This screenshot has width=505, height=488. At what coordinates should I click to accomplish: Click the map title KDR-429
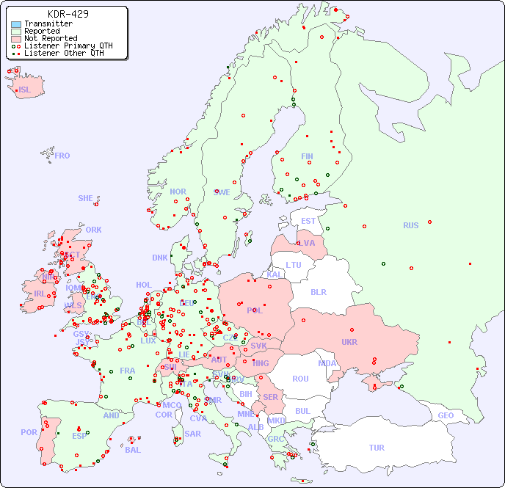[x=68, y=14]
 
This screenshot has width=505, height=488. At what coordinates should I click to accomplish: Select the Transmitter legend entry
[x=48, y=23]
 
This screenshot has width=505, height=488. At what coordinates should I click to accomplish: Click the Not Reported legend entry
[x=50, y=38]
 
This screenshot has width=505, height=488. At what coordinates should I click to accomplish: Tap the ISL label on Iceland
[x=25, y=90]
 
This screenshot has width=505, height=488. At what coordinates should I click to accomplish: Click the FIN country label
[x=307, y=156]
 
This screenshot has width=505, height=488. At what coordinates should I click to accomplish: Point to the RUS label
[x=410, y=225]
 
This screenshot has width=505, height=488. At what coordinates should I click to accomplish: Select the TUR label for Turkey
[x=377, y=448]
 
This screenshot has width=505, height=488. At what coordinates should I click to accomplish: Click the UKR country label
[x=349, y=342]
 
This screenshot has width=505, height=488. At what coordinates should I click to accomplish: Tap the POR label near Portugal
[x=29, y=432]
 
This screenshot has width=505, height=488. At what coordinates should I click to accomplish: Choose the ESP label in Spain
[x=79, y=435]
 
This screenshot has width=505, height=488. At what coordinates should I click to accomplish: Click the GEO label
[x=446, y=415]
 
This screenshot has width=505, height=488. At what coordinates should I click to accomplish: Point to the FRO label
[x=62, y=156]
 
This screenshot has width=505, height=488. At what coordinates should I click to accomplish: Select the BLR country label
[x=318, y=291]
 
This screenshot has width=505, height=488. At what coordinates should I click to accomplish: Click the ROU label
[x=300, y=379]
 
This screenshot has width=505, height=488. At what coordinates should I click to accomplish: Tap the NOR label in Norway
[x=178, y=192]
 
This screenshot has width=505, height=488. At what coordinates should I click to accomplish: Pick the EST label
[x=308, y=221]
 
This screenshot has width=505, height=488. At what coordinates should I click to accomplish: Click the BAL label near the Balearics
[x=132, y=450]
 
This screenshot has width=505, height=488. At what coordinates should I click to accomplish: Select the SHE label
[x=86, y=198]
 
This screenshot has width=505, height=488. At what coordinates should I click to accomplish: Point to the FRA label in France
[x=128, y=371]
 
